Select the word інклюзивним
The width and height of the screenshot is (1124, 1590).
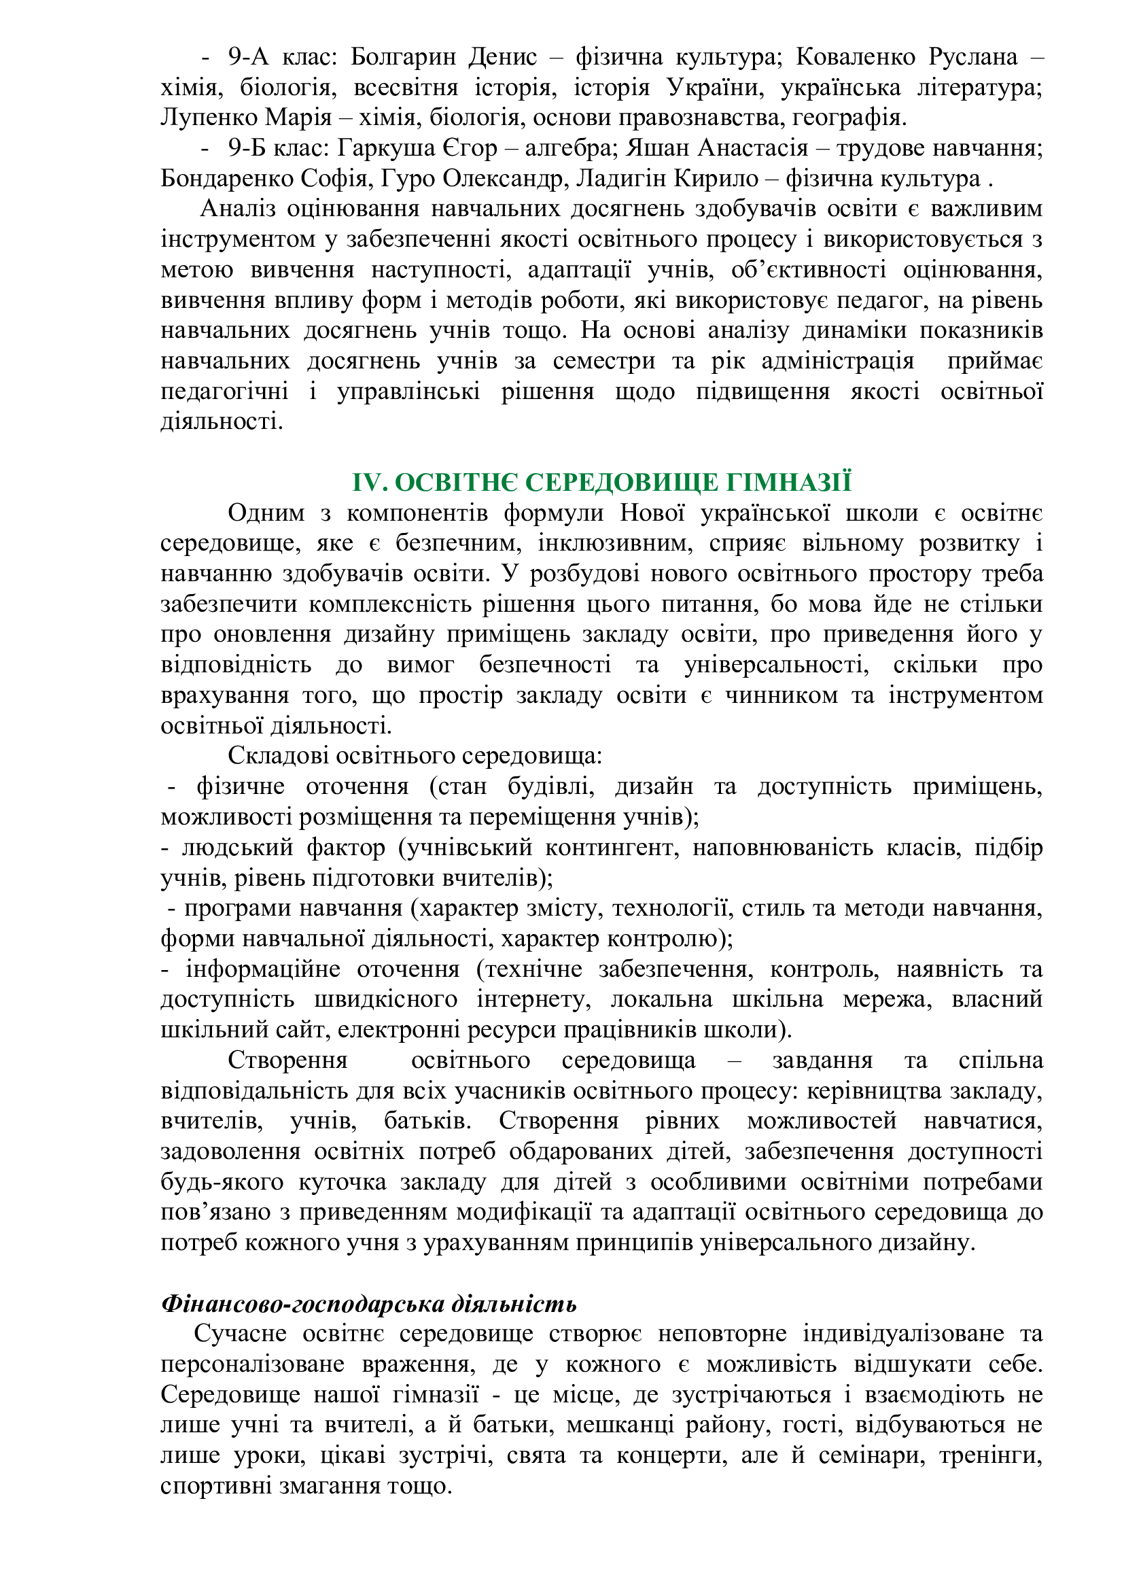coord(615,544)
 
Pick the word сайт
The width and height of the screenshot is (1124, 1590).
coord(300,1031)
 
